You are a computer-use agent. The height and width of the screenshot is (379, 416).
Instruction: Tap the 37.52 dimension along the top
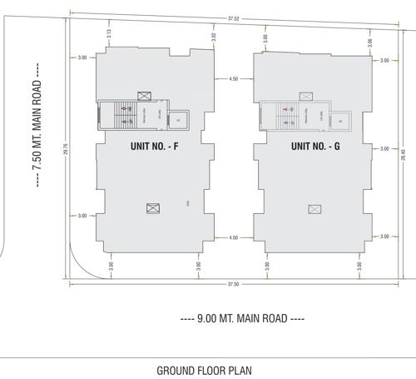[235, 17]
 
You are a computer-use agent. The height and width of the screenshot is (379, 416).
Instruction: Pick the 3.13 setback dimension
[110, 33]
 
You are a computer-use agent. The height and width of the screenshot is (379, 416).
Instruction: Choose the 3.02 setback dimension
[215, 37]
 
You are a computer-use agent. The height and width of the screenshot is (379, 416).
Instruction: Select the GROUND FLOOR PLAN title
[204, 370]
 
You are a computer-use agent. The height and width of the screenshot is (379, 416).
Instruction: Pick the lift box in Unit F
[177, 121]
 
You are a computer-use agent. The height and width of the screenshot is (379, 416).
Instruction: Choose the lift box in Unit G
[339, 121]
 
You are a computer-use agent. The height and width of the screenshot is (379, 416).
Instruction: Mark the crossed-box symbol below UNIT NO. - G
[314, 208]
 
